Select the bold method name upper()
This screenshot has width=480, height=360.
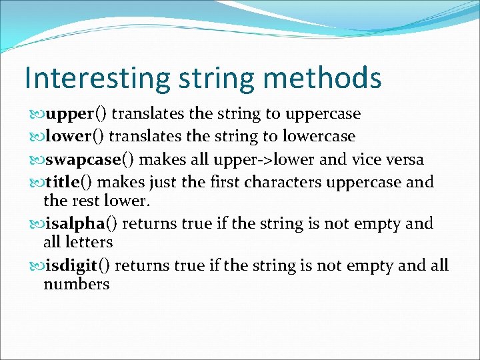(x=73, y=114)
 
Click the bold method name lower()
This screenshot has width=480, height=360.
(x=73, y=137)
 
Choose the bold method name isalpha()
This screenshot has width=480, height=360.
(x=81, y=223)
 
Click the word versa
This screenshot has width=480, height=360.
(x=401, y=159)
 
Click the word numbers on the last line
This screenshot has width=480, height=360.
(x=76, y=285)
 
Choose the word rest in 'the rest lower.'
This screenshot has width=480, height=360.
(x=87, y=201)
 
